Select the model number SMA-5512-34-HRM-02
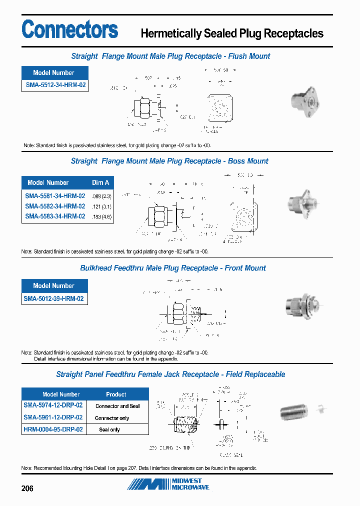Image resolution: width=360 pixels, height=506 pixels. [x=55, y=85]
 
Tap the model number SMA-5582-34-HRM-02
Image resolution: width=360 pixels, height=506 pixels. [x=55, y=206]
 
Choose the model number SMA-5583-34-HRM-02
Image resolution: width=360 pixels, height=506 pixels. [x=55, y=216]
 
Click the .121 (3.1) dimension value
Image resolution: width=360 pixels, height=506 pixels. [x=101, y=206]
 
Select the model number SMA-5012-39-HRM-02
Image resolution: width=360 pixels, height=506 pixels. [x=54, y=299]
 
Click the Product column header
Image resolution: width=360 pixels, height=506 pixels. [x=116, y=394]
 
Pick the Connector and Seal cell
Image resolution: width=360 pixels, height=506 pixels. [x=117, y=406]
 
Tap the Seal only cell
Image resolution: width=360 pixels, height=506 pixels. [x=109, y=429]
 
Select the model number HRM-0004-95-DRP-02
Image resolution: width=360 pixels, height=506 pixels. [x=53, y=429]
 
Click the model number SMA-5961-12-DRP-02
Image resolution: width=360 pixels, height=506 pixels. [x=53, y=417]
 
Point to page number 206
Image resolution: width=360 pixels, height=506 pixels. [x=27, y=488]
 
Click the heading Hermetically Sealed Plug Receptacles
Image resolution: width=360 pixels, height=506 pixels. [x=232, y=33]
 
